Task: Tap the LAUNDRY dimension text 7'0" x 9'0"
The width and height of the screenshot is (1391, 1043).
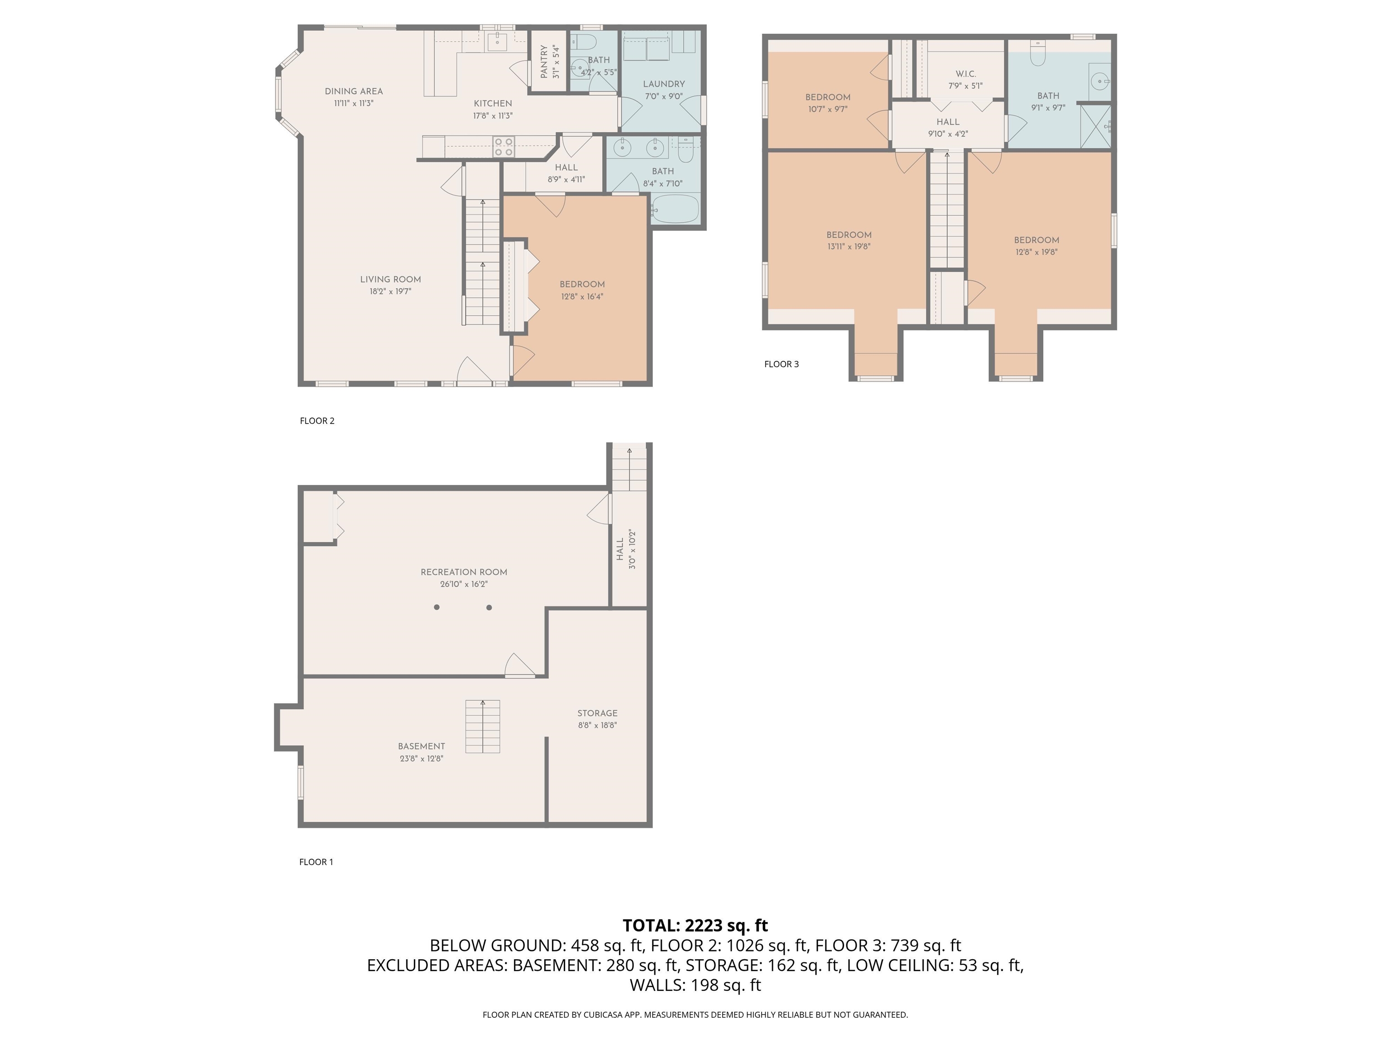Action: [x=663, y=96]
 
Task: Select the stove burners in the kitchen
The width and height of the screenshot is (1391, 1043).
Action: [x=504, y=147]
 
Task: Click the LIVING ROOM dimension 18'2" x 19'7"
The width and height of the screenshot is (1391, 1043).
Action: [x=390, y=292]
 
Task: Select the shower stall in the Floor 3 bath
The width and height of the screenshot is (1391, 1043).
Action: [x=1095, y=126]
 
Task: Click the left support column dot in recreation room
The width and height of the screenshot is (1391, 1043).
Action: [x=436, y=608]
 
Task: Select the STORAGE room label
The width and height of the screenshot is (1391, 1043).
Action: [x=597, y=713]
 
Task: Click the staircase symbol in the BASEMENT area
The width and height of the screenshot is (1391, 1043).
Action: [x=482, y=726]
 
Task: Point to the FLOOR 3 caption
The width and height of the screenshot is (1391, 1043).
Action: [x=781, y=364]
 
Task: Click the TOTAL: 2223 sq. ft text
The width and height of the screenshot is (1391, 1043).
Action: [x=695, y=925]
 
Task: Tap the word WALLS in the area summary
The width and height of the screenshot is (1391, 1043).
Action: [x=657, y=985]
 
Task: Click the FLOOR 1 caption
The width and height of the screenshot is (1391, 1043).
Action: [x=316, y=862]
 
